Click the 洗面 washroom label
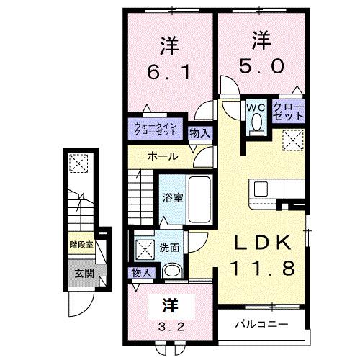[170, 247]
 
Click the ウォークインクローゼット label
[157, 130]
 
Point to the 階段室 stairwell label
[81, 245]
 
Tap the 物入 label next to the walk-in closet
[199, 132]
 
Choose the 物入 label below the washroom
[141, 272]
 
